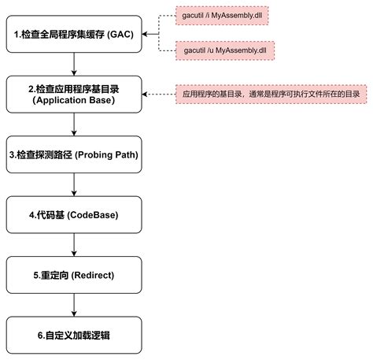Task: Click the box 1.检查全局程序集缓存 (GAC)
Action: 73,35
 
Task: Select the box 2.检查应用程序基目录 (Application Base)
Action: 73,94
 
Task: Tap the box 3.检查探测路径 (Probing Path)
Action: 73,154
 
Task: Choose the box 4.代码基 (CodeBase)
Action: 73,214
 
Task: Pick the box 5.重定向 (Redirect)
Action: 73,274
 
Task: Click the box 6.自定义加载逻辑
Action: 73,334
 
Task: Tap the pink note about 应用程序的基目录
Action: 272,94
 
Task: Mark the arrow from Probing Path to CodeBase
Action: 73,184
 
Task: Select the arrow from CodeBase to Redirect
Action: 73,244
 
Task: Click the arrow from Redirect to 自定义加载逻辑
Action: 73,304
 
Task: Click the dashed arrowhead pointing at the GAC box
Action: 146,35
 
